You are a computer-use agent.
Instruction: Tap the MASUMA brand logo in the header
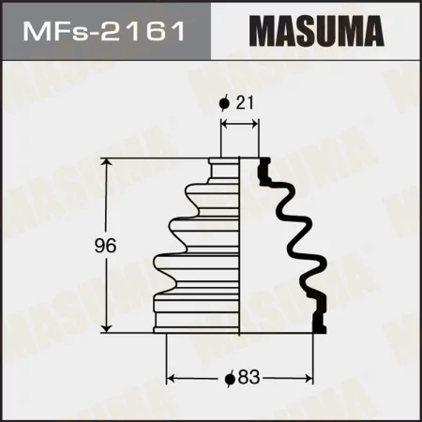click(x=316, y=31)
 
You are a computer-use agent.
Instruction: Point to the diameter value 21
click(x=247, y=104)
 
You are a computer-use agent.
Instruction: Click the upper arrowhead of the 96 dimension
click(x=110, y=163)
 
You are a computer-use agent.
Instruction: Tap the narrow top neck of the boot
click(x=225, y=166)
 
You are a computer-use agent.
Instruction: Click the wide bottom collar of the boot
click(x=197, y=318)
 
